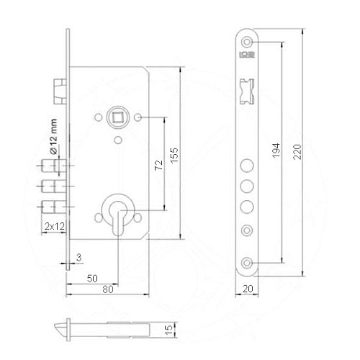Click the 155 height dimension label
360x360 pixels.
coord(174,155)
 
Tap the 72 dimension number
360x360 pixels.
coord(158,165)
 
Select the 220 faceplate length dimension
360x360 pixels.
coord(297,152)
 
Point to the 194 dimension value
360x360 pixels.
coord(276,150)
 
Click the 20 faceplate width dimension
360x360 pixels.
coord(248,289)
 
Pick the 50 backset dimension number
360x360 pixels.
coord(92,279)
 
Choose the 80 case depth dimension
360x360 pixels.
coord(108,289)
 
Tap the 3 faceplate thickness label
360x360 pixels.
coord(79,258)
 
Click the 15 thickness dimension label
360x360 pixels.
coord(168,330)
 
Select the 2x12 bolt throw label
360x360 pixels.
coord(55,226)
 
